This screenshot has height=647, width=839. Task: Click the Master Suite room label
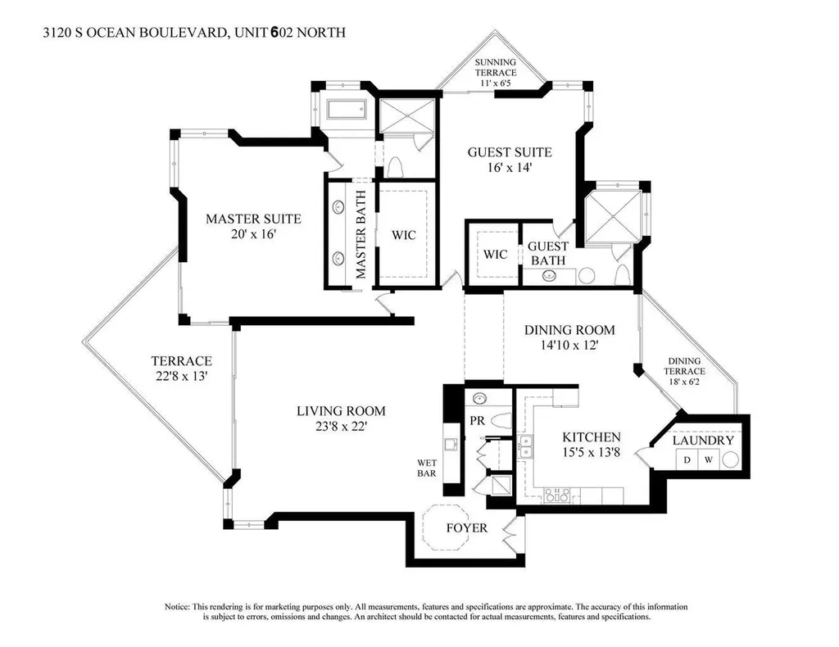pos(254,219)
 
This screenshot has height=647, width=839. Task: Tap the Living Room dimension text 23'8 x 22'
pos(341,427)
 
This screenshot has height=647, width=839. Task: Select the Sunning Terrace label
pos(496,67)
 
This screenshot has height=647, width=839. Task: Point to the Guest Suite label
pos(510,152)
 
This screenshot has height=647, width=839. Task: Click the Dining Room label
pos(569,330)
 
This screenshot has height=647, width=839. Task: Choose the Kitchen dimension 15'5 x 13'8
pos(592,452)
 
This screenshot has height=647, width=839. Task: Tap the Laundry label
pos(703,441)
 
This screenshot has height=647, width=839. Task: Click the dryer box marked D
pos(687,459)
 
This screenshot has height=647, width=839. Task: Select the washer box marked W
pos(709,459)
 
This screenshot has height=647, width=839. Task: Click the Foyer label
pos(466,528)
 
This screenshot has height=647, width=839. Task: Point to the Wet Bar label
pos(427,468)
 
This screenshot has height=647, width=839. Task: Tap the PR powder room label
pos(478,421)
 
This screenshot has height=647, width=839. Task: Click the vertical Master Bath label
pos(361,234)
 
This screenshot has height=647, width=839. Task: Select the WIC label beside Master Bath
pos(403,235)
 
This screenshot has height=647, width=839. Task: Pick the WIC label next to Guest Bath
pos(495,254)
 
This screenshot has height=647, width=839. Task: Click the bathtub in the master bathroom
pos(347,110)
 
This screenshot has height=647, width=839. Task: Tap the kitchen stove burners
pos(557,495)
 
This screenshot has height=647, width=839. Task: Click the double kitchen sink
pos(525,447)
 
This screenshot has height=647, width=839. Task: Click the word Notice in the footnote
pos(177,607)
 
